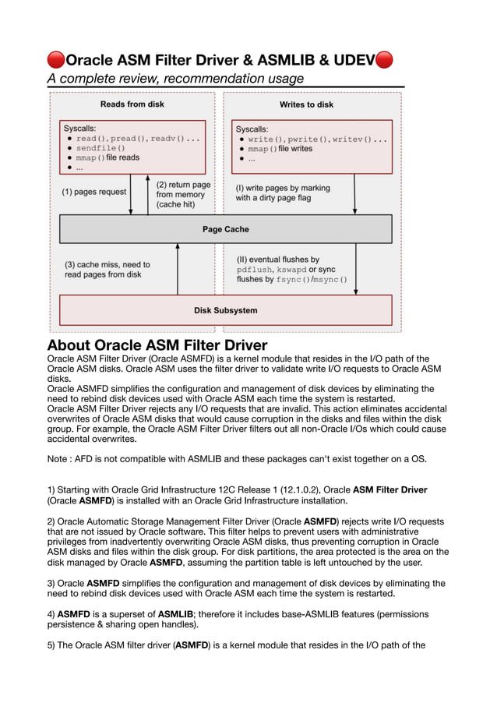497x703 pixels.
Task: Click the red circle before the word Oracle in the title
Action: click(x=56, y=60)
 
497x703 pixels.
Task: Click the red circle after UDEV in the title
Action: click(x=384, y=60)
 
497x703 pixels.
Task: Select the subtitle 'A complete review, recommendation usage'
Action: click(x=175, y=78)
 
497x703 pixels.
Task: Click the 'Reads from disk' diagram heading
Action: click(x=132, y=104)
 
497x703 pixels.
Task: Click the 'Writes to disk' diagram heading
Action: click(x=306, y=104)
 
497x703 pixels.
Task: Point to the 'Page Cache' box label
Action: click(x=225, y=229)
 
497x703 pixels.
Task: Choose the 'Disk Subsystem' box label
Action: click(x=225, y=310)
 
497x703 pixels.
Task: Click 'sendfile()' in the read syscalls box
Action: click(x=100, y=148)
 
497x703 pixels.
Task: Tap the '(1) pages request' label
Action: click(x=93, y=191)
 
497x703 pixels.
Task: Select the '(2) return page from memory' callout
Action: click(x=183, y=195)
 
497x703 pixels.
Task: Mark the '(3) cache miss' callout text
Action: click(x=107, y=270)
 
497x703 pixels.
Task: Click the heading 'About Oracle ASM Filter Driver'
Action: click(x=157, y=345)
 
